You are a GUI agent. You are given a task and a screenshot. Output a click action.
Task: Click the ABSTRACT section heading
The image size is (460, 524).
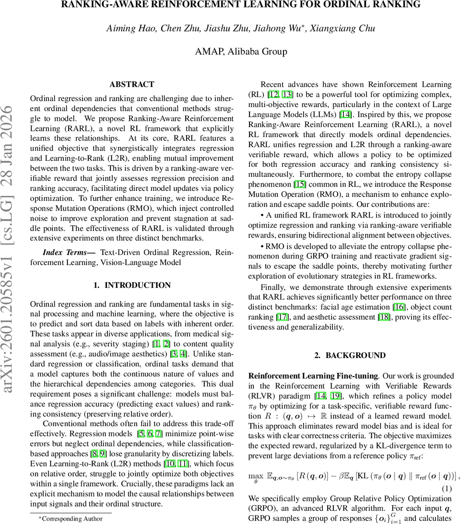coord(131,84)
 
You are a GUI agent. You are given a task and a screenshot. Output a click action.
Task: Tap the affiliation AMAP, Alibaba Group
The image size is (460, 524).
coord(241,52)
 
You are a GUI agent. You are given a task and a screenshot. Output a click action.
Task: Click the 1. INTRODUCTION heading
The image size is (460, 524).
coord(131,285)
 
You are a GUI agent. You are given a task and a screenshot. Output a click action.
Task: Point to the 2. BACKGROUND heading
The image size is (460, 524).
coord(350,355)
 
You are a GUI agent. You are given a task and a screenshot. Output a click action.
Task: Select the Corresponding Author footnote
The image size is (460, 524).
coord(71,519)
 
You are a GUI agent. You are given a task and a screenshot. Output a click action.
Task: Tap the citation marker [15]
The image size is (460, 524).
coord(301,184)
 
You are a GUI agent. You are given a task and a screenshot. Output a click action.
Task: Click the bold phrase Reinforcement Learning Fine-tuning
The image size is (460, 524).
coord(313,376)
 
